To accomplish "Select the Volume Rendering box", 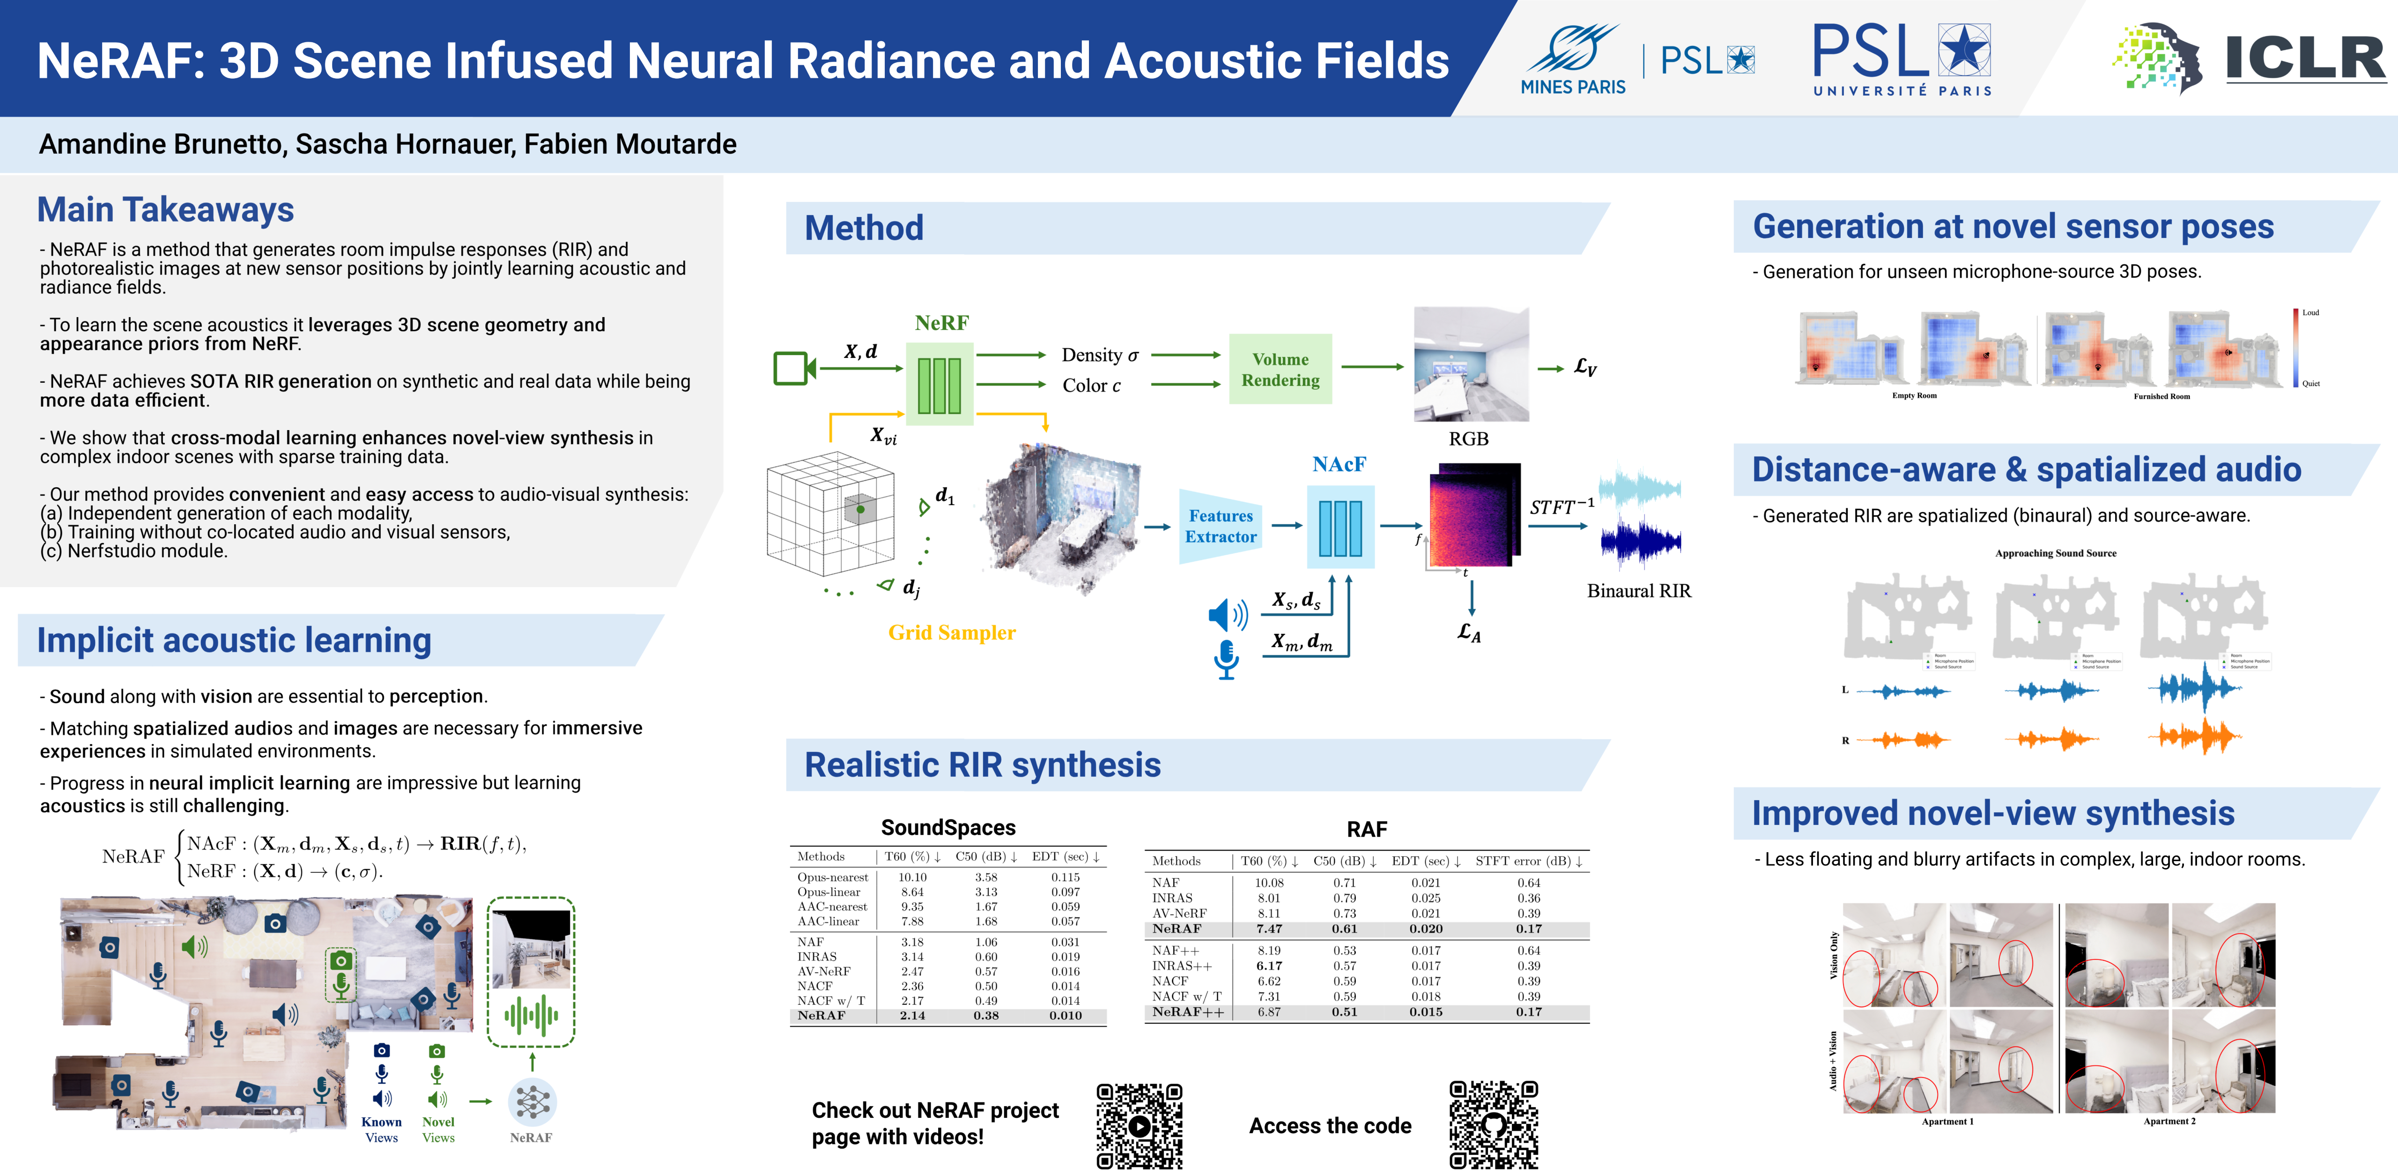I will (x=1280, y=370).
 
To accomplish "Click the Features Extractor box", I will (x=1221, y=526).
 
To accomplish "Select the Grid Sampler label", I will (x=951, y=633).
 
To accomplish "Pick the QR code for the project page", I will (x=1140, y=1126).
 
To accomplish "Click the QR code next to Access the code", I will (x=1493, y=1125).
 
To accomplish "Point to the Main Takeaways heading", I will (x=166, y=209).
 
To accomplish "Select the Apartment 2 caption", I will (x=2169, y=1121).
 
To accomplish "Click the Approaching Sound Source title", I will (x=2056, y=553).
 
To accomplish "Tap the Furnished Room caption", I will (x=2161, y=397).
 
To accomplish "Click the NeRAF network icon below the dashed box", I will (x=533, y=1102).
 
